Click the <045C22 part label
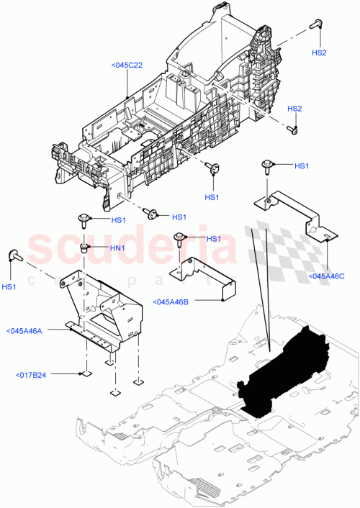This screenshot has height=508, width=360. tap(127, 65)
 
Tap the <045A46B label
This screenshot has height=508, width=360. tap(171, 301)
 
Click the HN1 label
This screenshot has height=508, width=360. tap(117, 249)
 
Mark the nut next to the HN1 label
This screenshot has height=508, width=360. tap(85, 248)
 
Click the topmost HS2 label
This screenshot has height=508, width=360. tap(319, 53)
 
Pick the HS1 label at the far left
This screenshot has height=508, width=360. tap(9, 287)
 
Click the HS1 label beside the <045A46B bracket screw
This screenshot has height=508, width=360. tap(213, 239)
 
